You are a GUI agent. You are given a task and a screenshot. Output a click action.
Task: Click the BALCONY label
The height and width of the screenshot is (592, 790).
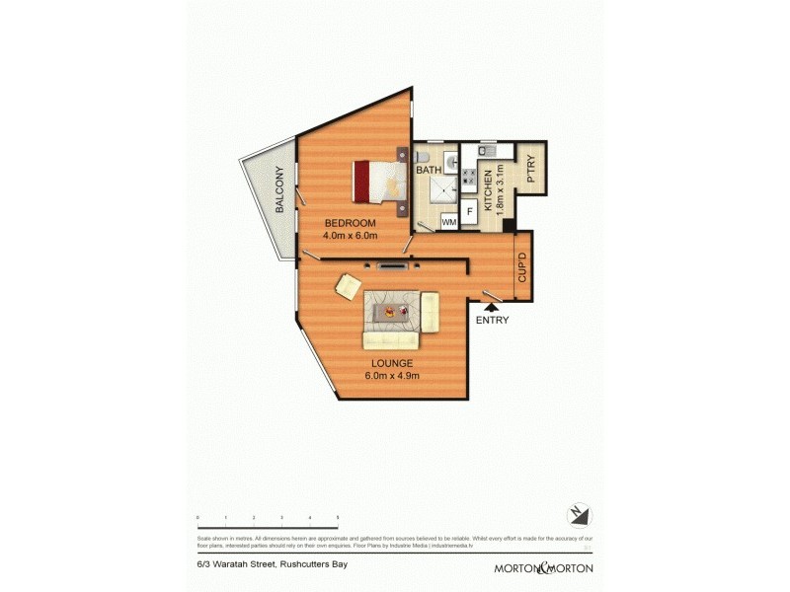279,190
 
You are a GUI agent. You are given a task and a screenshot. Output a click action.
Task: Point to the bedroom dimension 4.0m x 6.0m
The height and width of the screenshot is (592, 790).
350,236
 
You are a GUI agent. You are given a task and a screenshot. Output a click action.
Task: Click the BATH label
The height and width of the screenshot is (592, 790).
429,171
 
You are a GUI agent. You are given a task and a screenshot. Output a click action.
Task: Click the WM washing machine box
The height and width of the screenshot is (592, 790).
448,221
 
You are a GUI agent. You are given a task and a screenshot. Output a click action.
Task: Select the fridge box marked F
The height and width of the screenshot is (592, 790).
469,210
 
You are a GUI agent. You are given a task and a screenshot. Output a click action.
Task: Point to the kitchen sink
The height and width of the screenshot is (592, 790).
486,152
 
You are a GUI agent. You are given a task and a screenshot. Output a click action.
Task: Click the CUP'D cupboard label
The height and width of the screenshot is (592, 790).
521,267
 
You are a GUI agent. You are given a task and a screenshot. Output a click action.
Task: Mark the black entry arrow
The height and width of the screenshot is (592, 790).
491,307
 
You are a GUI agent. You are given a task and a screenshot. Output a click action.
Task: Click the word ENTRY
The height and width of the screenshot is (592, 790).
492,320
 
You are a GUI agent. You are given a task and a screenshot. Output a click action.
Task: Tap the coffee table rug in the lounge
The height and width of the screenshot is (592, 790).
393,314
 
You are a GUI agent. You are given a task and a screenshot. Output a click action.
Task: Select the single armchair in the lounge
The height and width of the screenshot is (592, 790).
349,285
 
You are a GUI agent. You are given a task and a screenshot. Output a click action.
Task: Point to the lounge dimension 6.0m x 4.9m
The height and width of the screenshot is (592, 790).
392,375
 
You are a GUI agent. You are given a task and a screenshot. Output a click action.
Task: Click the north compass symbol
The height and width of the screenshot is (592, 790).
580,515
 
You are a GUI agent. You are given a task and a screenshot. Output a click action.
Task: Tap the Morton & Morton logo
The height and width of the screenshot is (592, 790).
544,568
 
